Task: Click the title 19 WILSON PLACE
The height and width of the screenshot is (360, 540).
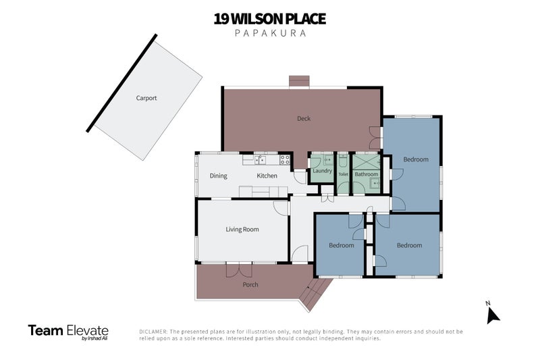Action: tap(269, 19)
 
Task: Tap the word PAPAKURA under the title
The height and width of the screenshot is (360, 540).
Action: tap(271, 33)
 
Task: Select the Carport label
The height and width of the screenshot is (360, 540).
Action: tap(146, 98)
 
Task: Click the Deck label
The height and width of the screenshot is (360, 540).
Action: tap(304, 118)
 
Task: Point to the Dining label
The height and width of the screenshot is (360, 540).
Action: tap(218, 176)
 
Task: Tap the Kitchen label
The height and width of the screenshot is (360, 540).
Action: tap(267, 176)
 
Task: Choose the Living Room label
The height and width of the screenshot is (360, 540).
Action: tap(242, 230)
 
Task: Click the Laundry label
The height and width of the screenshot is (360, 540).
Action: tap(323, 171)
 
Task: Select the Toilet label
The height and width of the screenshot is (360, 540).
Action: tap(343, 174)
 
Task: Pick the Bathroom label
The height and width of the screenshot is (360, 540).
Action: tap(367, 174)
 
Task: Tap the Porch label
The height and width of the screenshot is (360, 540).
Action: tap(250, 284)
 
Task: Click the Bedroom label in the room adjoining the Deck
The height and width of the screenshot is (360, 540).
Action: tap(416, 159)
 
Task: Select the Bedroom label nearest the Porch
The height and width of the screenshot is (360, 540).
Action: tap(342, 245)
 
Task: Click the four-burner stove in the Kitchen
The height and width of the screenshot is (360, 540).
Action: tap(285, 159)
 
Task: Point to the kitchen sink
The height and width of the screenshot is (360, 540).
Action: tap(261, 160)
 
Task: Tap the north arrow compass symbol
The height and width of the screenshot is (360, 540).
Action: tap(493, 313)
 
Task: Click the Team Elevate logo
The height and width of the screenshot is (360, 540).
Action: tap(68, 332)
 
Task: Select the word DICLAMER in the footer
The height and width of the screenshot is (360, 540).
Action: tap(153, 332)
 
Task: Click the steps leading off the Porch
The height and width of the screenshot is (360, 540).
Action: tap(315, 293)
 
